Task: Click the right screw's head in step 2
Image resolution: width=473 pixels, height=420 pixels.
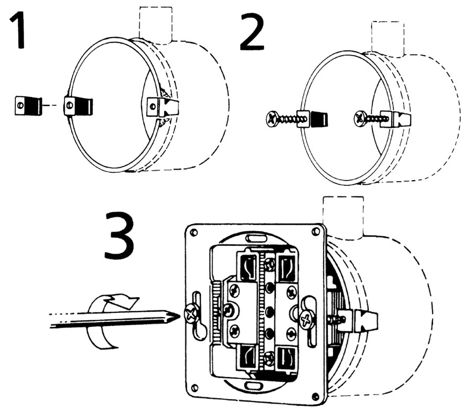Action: pyautogui.click(x=361, y=117)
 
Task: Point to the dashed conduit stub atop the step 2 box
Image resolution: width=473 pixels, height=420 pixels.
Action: pyautogui.click(x=388, y=38)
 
